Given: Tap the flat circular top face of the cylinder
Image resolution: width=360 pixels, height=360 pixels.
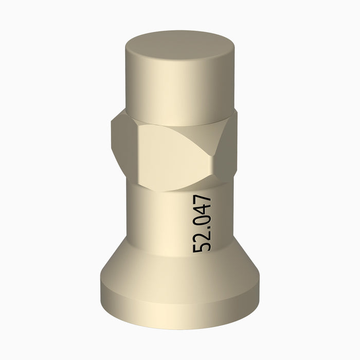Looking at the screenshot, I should (x=180, y=46).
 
